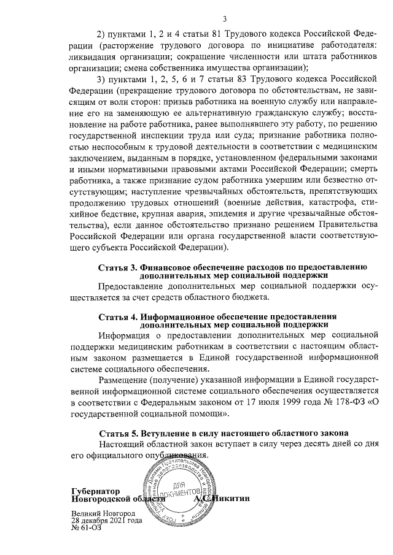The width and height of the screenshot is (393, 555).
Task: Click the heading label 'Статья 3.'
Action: [x=119, y=267]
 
